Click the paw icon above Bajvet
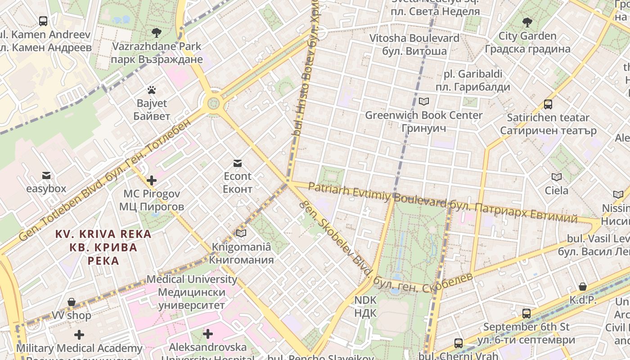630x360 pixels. (x=152, y=90)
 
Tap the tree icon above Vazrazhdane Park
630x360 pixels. (x=157, y=32)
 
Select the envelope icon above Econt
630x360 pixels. (x=237, y=163)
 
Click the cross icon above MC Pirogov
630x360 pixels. (x=152, y=180)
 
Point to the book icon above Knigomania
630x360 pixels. (x=242, y=233)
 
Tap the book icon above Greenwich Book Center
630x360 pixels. (x=424, y=101)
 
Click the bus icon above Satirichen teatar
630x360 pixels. (x=548, y=104)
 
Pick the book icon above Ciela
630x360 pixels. (x=557, y=177)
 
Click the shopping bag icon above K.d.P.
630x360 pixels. (x=583, y=287)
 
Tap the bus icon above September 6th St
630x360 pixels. (x=526, y=313)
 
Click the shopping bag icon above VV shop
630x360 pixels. (x=71, y=302)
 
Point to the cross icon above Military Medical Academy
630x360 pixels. (x=79, y=335)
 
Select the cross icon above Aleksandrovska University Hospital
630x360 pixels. (x=207, y=334)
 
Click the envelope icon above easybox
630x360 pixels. (x=46, y=175)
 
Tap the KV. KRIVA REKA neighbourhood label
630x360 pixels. (x=103, y=247)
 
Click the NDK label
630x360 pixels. (x=365, y=306)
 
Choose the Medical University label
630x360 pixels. (x=192, y=292)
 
